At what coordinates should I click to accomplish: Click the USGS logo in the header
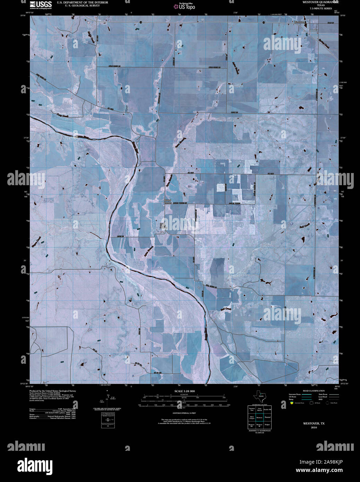[41, 5]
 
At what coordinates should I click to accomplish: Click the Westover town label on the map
[299, 22]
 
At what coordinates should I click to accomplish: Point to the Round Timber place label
[168, 201]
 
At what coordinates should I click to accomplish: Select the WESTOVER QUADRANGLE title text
[316, 2]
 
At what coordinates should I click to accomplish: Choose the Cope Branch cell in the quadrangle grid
[259, 410]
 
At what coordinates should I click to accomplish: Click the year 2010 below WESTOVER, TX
[314, 428]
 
